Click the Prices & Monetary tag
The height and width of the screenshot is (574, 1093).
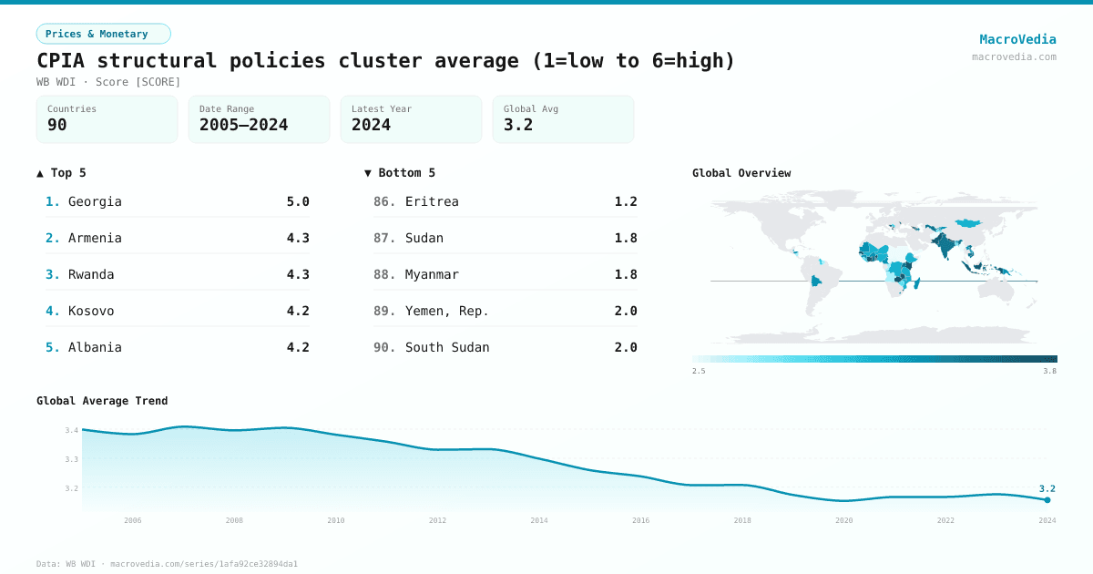(x=103, y=34)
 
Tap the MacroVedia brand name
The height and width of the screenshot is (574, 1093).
(x=1017, y=39)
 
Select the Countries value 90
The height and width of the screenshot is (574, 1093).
(x=57, y=125)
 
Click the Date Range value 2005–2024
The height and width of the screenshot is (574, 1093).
(x=243, y=125)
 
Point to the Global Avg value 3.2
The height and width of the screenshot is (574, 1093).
(x=518, y=125)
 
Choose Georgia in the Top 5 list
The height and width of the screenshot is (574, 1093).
(x=95, y=201)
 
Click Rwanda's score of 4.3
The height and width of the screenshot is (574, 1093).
(x=298, y=274)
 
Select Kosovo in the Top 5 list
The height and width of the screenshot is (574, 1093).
(x=91, y=311)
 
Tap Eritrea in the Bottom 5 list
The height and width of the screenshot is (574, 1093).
(x=432, y=201)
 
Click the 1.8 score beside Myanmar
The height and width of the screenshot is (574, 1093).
(x=626, y=274)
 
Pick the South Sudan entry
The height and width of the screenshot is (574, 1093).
(x=447, y=347)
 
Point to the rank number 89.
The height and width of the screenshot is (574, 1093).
(x=384, y=311)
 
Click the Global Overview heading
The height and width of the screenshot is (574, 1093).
(x=741, y=173)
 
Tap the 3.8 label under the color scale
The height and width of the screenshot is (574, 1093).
(x=1049, y=371)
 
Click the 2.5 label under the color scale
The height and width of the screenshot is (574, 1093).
(x=699, y=371)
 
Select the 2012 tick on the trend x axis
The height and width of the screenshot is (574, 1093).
(x=438, y=520)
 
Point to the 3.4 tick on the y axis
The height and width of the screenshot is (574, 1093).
(x=72, y=430)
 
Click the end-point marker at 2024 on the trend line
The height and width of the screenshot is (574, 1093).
(x=1047, y=500)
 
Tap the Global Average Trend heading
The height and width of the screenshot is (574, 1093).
(x=102, y=401)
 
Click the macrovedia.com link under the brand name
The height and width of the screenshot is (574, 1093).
(x=1014, y=56)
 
